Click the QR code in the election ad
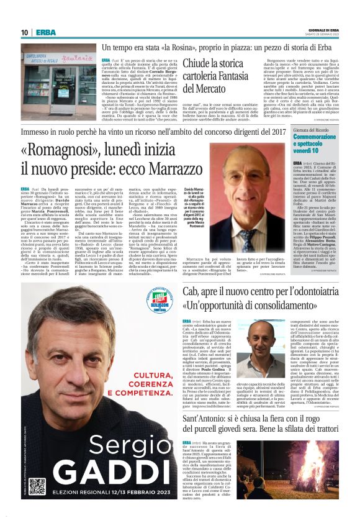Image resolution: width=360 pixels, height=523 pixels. click(x=37, y=487)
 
